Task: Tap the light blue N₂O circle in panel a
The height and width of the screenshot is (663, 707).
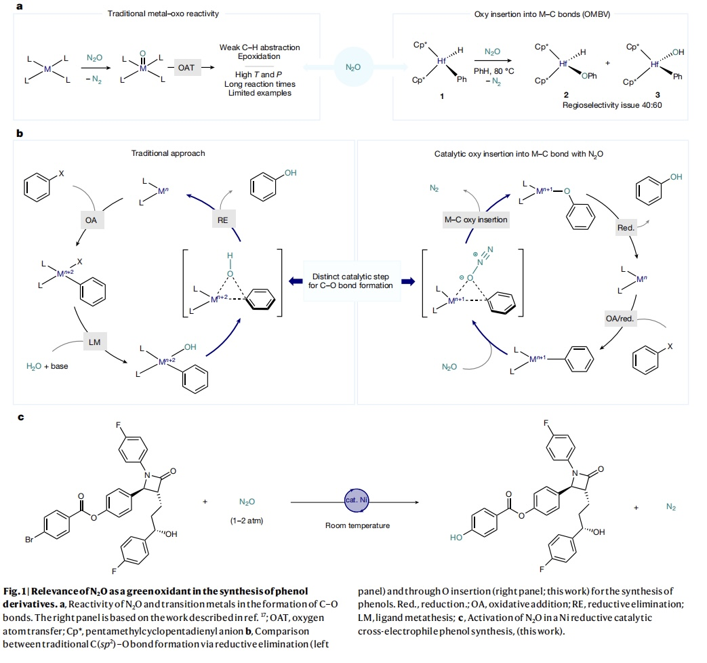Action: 353,67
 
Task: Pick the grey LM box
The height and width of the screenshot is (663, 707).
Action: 94,342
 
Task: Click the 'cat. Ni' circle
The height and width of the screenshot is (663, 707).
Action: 353,500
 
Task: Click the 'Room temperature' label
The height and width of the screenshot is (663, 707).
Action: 352,525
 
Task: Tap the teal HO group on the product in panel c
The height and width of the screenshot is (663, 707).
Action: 456,537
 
